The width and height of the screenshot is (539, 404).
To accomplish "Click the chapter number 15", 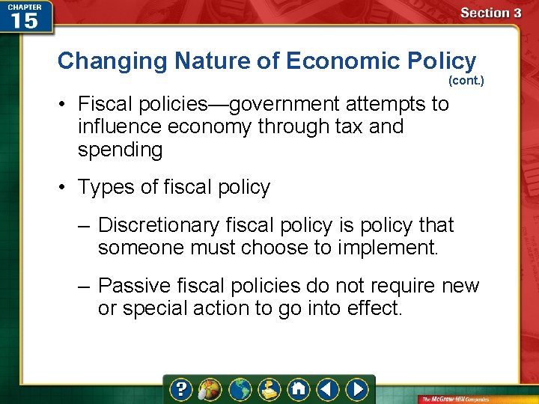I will (24, 20).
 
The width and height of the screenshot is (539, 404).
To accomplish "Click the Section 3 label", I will (490, 13).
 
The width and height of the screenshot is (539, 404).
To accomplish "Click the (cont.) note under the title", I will (466, 79).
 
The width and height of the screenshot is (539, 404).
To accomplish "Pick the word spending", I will (120, 150).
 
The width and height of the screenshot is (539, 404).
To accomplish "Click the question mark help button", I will (181, 390).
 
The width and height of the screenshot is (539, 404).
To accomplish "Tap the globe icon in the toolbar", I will (240, 390).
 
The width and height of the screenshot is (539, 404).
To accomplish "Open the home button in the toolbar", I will (299, 390).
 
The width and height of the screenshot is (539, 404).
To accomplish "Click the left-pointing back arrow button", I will (328, 390).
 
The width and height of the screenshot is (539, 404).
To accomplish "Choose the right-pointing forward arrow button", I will (358, 390).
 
